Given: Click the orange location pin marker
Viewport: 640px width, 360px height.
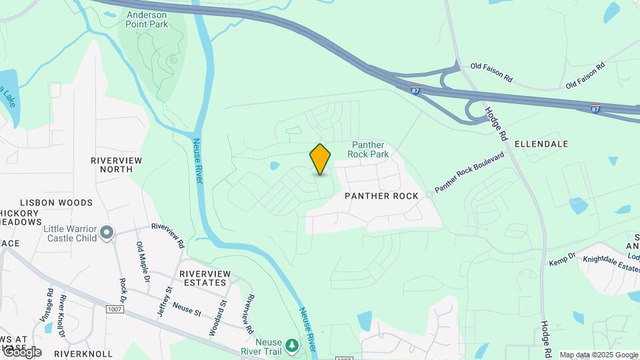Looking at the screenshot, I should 320,159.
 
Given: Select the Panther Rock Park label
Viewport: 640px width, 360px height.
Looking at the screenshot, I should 368,149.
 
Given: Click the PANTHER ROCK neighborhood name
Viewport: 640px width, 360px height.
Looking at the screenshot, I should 381,196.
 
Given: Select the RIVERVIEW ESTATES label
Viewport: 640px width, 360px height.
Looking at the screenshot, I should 205,279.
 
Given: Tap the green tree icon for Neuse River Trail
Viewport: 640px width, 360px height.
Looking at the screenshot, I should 291,345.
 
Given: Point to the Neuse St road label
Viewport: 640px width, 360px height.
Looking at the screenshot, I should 186,307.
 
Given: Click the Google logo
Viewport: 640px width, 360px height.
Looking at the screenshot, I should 21,352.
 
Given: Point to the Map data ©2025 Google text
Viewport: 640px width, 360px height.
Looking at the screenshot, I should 599,355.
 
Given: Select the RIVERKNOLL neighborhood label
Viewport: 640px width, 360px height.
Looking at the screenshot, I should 83,353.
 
